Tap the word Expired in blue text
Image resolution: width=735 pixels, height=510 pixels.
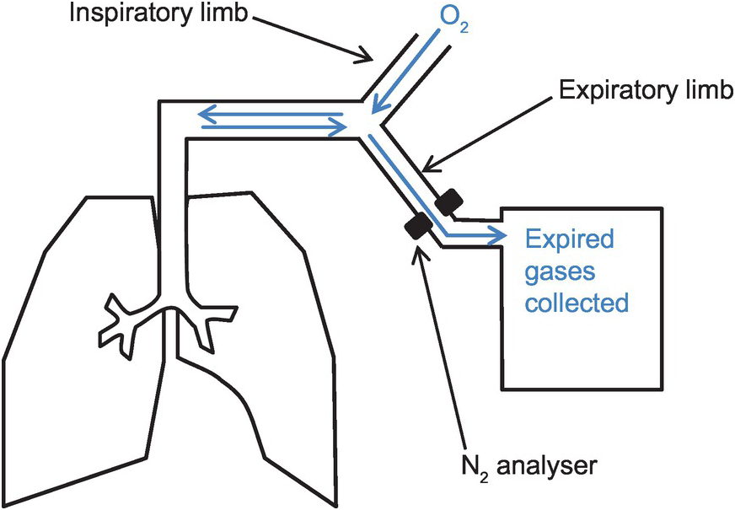pos(570,241)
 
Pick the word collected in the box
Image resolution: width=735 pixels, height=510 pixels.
pos(577,301)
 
